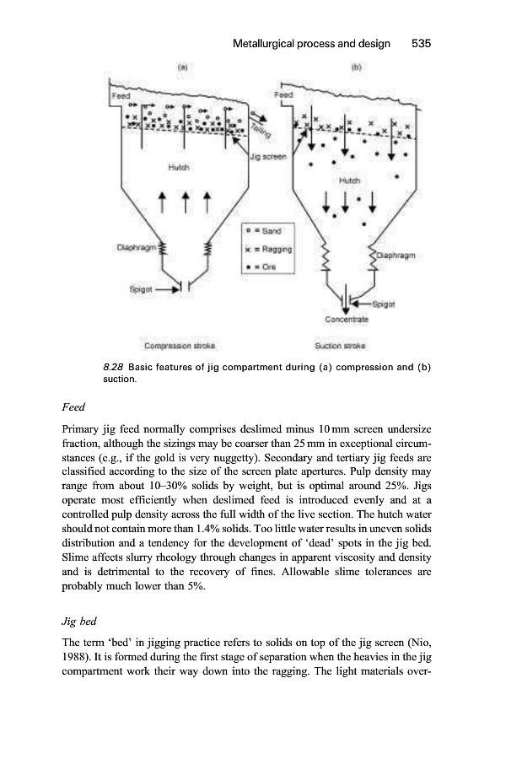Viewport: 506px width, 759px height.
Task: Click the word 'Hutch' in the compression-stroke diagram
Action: coord(176,168)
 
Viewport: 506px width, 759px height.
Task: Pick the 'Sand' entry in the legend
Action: coord(267,230)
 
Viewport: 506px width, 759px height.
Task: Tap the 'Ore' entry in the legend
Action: coord(264,267)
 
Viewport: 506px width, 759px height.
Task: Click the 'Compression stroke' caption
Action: coord(180,346)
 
